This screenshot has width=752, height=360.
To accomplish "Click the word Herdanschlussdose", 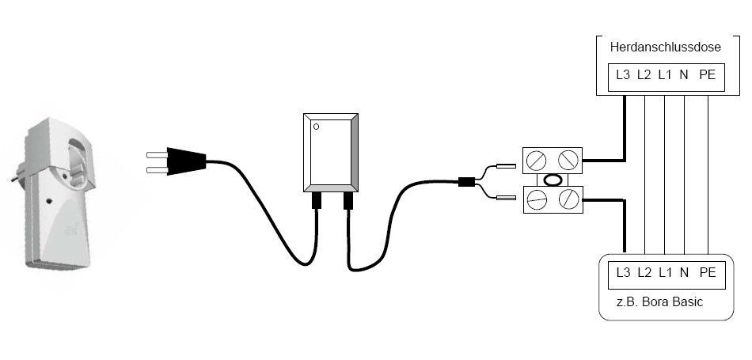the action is pyautogui.click(x=665, y=47).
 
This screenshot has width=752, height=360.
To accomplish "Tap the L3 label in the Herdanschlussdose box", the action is pyautogui.click(x=622, y=75).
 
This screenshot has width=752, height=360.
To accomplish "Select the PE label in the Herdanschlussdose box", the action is pyautogui.click(x=707, y=75).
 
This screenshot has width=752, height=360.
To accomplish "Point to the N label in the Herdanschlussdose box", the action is pyautogui.click(x=685, y=75).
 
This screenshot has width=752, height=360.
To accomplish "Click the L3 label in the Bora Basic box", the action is pyautogui.click(x=622, y=273).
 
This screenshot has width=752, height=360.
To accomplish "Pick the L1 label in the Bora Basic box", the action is pyautogui.click(x=665, y=273).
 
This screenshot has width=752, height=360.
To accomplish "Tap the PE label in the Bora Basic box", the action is pyautogui.click(x=707, y=273).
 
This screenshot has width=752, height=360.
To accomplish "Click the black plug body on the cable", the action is pyautogui.click(x=186, y=161).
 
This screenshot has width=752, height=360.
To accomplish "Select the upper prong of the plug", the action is pyautogui.click(x=157, y=154).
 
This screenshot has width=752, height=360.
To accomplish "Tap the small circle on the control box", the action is pyautogui.click(x=316, y=127).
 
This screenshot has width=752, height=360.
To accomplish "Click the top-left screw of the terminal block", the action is pyautogui.click(x=536, y=160).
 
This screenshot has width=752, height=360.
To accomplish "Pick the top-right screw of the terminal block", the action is pyautogui.click(x=568, y=160).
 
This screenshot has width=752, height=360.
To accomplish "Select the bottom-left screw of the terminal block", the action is pyautogui.click(x=536, y=199).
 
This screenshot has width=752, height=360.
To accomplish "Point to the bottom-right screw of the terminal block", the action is pyautogui.click(x=568, y=199).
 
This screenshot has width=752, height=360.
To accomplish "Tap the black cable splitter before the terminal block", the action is pyautogui.click(x=466, y=182).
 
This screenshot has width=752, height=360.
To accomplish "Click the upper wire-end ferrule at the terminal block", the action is pyautogui.click(x=506, y=166).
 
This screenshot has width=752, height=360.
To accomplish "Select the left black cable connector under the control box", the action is pyautogui.click(x=316, y=200).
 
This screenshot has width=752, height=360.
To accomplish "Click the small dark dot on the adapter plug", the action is pyautogui.click(x=49, y=201).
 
